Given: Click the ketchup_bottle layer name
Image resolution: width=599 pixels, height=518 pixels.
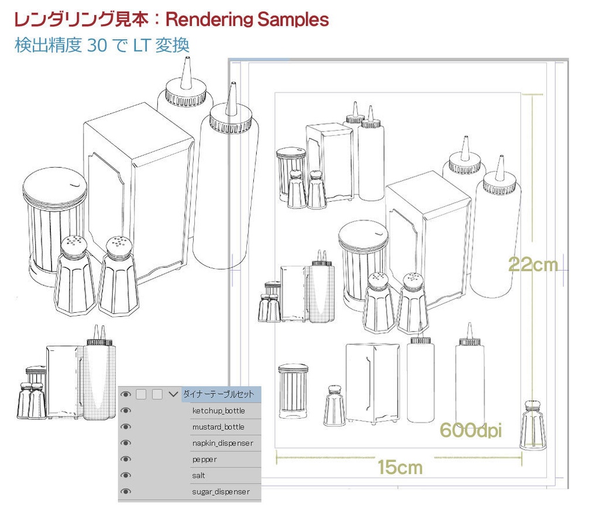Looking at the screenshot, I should point(218,411).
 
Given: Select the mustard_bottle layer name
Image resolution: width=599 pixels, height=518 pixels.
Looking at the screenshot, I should point(218,427).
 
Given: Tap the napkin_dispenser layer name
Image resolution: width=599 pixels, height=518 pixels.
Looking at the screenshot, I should point(222,444).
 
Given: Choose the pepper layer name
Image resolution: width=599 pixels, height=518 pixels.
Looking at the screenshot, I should point(205,460).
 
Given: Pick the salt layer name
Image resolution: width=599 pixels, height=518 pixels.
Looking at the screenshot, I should point(199,476).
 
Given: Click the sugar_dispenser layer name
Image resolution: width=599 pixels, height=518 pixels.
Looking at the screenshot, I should point(221,492).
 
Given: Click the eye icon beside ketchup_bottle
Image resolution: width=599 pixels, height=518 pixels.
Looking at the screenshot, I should point(126,411).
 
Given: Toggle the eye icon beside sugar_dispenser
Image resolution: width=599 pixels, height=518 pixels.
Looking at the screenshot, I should point(126,492).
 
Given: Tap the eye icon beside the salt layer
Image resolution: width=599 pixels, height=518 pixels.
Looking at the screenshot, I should point(126,476).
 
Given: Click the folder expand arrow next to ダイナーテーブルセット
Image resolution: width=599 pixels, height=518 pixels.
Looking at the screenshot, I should point(173,395).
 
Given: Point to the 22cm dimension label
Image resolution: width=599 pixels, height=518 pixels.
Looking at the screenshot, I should point(533,265).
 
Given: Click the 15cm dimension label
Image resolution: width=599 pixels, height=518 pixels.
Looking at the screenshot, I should point(400,467).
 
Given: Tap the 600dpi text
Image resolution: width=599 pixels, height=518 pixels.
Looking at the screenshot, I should point(470,430).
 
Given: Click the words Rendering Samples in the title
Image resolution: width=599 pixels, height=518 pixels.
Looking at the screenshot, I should point(247,19).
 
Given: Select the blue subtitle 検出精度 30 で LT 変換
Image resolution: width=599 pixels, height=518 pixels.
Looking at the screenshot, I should point(102,46).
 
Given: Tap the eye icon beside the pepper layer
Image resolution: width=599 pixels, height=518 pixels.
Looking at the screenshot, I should point(126,460).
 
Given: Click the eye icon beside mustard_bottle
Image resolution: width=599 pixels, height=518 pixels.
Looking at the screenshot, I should point(126,427).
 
